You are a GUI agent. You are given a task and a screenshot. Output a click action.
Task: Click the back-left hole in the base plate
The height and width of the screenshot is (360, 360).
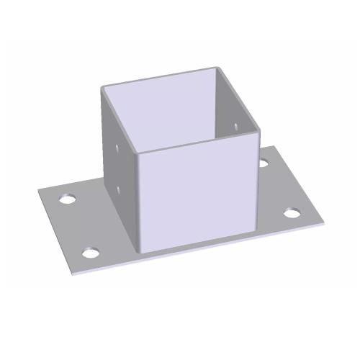(x=69, y=197)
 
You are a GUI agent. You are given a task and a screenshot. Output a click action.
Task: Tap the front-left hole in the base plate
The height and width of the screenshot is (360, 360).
(x=90, y=253)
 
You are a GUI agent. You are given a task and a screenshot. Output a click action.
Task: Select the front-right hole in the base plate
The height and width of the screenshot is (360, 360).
(x=291, y=213)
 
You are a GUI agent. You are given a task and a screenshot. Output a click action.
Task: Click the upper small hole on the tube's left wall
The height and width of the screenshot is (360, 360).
(x=117, y=148)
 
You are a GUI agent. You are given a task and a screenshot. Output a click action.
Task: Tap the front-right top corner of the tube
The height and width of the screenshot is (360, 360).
(x=257, y=130)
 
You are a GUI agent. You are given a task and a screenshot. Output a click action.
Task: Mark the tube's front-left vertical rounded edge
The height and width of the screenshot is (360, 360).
(x=137, y=202)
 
